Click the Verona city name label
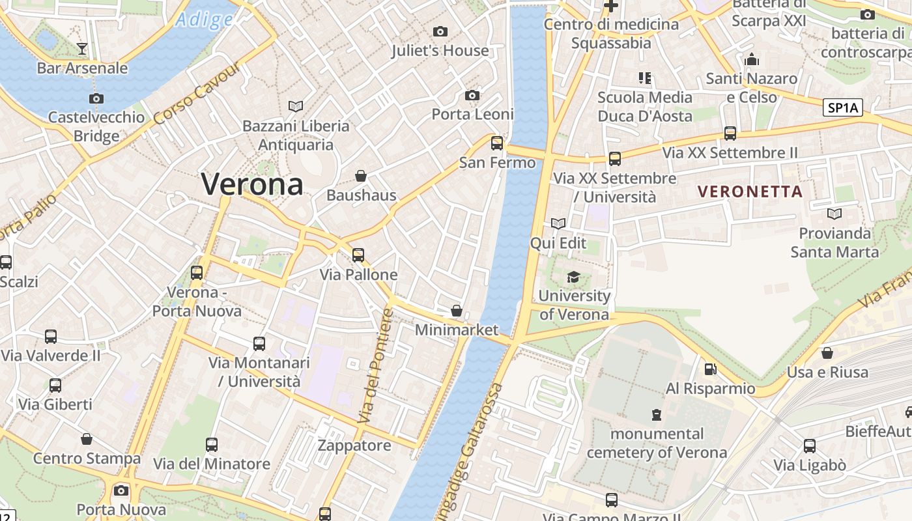tap(252, 184)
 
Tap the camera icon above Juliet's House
tap(440, 31)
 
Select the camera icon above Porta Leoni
tap(472, 96)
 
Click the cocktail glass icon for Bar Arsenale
tap(82, 48)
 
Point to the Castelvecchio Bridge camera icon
tap(96, 99)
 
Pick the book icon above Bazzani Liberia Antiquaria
tap(296, 106)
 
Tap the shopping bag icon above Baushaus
tap(361, 176)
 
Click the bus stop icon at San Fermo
tap(497, 143)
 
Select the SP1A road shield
tap(843, 108)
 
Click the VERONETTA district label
tap(750, 191)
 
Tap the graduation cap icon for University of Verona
tap(573, 277)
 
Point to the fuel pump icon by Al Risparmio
tap(710, 369)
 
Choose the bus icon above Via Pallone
tap(358, 255)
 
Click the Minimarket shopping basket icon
tap(457, 311)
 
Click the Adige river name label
tap(205, 20)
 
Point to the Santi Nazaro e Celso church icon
tap(752, 60)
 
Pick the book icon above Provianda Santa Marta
tap(834, 214)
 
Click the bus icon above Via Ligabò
tap(810, 446)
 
